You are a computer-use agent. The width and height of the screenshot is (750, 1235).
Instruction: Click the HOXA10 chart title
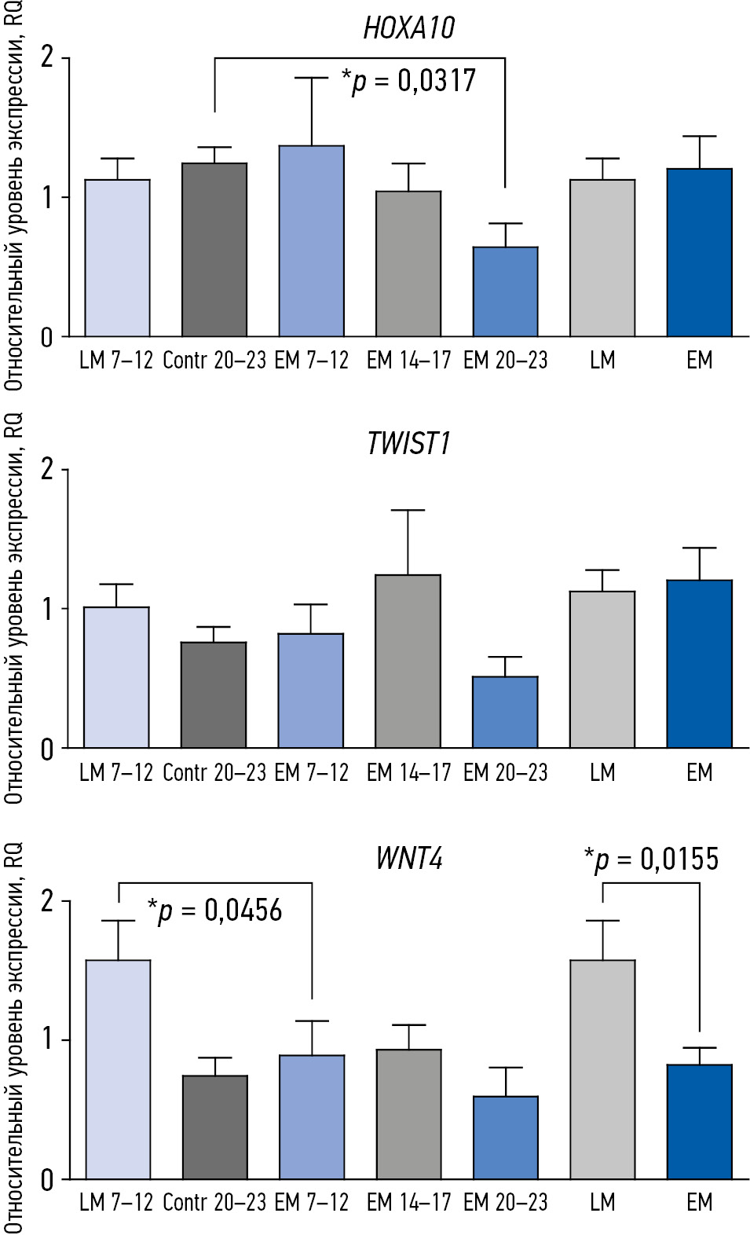click(x=408, y=28)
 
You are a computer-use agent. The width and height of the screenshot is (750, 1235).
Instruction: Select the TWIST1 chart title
click(x=408, y=444)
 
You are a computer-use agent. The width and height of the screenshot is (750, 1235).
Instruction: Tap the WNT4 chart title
click(x=408, y=858)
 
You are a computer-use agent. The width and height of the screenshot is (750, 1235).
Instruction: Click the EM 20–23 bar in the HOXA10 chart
click(x=505, y=292)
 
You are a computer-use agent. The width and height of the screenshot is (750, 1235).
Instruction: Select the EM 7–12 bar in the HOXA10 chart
click(x=311, y=242)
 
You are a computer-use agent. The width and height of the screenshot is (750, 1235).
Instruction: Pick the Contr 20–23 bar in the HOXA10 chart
click(x=214, y=250)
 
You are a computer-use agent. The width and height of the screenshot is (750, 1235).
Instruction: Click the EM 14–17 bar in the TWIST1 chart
click(x=408, y=661)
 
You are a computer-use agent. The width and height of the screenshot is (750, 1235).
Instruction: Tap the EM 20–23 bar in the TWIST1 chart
click(x=505, y=712)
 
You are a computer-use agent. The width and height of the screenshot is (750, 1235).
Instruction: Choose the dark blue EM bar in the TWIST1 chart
click(x=699, y=664)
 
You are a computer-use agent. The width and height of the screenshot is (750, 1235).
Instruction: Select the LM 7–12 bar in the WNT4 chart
click(x=118, y=1069)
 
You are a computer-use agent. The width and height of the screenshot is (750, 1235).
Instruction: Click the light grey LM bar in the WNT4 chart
click(x=602, y=1069)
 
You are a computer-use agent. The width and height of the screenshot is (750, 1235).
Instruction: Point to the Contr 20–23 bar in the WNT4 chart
click(x=215, y=1127)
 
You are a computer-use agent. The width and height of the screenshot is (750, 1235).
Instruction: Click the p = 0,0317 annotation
click(x=408, y=81)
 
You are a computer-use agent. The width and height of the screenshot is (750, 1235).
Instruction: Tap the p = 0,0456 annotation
click(x=214, y=911)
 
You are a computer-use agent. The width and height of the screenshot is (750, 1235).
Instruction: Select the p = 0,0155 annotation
click(x=651, y=859)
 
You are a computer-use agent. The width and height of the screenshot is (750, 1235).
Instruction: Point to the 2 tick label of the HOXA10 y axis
click(x=48, y=57)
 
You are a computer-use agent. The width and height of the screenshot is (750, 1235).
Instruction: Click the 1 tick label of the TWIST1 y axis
click(x=47, y=609)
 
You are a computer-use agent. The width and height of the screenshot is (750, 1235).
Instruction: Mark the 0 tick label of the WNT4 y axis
click(x=47, y=1180)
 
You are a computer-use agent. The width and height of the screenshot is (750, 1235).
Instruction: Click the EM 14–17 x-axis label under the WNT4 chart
click(x=408, y=1203)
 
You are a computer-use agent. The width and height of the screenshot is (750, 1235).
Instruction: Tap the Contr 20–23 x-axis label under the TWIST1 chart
click(x=214, y=773)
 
